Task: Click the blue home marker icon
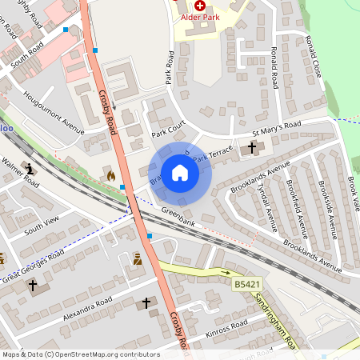[x=180, y=173]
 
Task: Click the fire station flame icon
[x=110, y=175]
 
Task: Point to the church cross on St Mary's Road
[x=252, y=148]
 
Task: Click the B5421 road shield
[x=248, y=284]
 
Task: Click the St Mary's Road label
[x=276, y=127]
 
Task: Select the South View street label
[x=42, y=226]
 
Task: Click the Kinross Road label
[x=227, y=330]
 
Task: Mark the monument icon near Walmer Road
[x=30, y=169]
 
